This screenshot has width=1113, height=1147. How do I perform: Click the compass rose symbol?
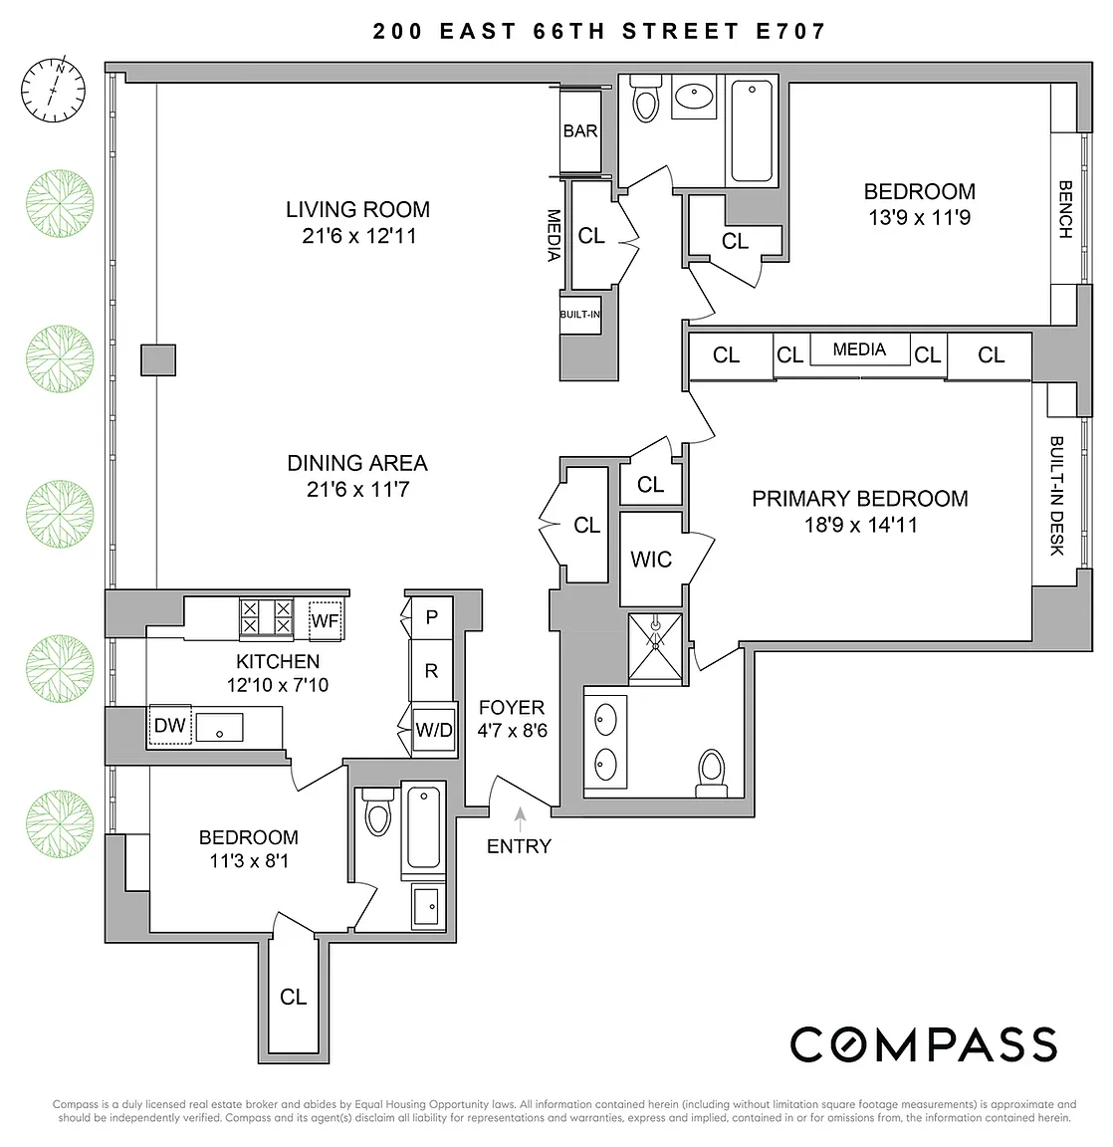[53, 90]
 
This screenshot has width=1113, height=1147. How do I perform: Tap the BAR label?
[580, 131]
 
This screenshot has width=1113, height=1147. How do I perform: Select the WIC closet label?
[651, 560]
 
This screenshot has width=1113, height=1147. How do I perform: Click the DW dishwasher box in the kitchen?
[170, 725]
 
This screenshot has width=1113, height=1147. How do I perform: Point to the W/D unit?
[434, 729]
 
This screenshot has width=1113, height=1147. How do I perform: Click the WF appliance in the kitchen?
[325, 620]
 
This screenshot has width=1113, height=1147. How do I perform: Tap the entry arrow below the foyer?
[520, 819]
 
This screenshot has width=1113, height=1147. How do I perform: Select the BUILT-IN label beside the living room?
[580, 315]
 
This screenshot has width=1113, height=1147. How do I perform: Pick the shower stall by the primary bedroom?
[655, 648]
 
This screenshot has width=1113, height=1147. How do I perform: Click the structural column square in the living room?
[158, 360]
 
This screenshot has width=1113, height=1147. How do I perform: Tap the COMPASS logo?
[924, 1043]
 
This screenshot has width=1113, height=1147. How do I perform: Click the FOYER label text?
[512, 707]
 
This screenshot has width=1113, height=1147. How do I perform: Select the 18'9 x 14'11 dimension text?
[861, 525]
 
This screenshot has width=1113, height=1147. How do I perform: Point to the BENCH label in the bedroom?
[1065, 210]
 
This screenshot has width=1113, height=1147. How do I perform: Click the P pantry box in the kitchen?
[431, 618]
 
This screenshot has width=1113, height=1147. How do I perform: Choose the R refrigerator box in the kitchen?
[431, 671]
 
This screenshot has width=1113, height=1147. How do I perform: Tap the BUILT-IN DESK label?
[1057, 496]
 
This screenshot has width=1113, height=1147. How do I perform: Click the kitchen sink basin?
[219, 728]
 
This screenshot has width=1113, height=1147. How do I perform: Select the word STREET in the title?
[681, 31]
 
